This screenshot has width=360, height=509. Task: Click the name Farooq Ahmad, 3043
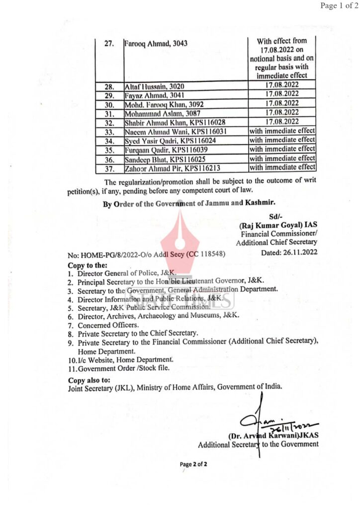click(156, 44)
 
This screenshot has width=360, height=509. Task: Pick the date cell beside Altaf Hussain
click(282, 85)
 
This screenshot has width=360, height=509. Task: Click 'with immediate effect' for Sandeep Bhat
click(282, 158)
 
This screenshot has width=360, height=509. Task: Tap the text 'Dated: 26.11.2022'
click(289, 253)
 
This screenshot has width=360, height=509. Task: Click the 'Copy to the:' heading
click(88, 265)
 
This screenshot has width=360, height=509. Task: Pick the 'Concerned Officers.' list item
click(101, 325)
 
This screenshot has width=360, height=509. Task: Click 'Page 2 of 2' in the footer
click(193, 464)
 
